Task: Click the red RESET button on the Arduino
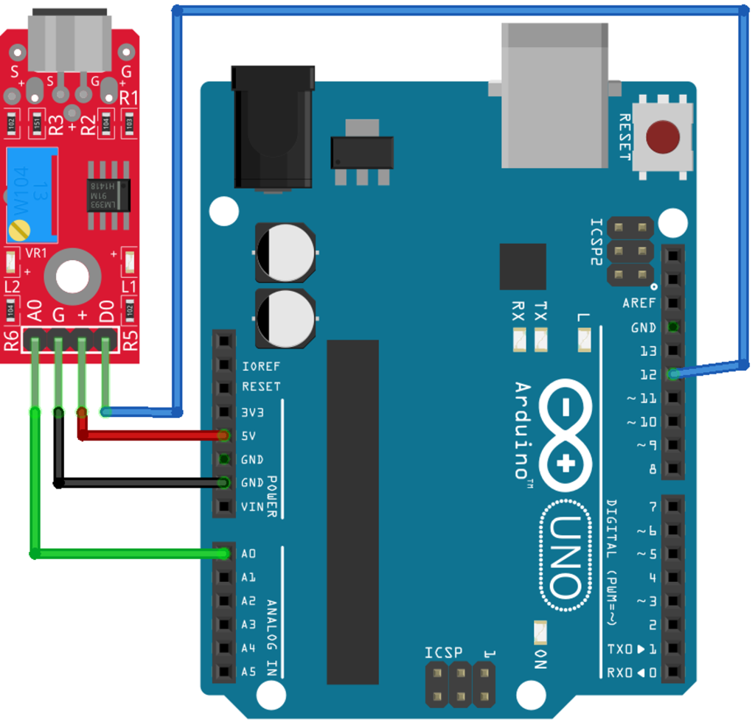coord(662,137)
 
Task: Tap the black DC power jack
coord(272,127)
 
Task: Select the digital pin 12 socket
coord(673,374)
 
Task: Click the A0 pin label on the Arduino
coord(248,553)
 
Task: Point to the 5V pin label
coord(248,435)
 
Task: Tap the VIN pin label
coord(251,506)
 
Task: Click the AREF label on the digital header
coord(639,303)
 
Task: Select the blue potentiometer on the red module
coord(32,195)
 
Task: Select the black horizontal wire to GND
coord(140,483)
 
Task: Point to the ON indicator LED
coord(540,632)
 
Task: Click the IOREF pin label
coord(261,366)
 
